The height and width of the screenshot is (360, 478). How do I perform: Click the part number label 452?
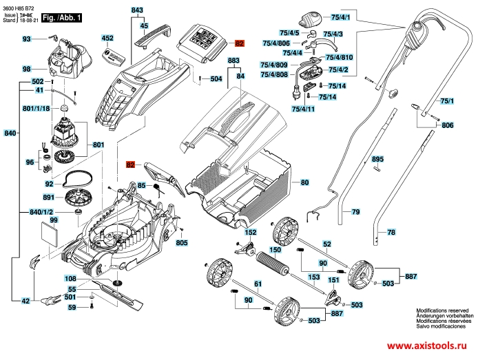pos(107,39)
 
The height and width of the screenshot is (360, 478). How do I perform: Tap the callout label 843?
pos(137,10)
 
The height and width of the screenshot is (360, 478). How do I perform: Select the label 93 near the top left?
pos(27,39)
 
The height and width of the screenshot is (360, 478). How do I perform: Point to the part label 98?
pos(27,70)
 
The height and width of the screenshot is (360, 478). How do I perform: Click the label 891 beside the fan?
pos(49,198)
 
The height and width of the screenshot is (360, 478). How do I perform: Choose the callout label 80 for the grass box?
pos(305,182)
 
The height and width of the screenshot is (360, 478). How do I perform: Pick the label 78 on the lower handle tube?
pos(391,233)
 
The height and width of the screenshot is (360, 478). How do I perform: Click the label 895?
pos(377,159)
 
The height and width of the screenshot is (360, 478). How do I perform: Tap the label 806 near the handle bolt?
pos(448,125)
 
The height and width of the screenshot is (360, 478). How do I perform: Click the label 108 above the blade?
pos(71,279)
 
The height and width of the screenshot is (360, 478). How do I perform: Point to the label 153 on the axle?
pos(313,277)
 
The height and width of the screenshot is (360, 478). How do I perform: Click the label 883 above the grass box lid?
pos(233,61)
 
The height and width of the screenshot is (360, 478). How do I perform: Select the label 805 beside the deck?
pos(182,243)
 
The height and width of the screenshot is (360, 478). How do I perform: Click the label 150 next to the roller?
pos(275,249)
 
